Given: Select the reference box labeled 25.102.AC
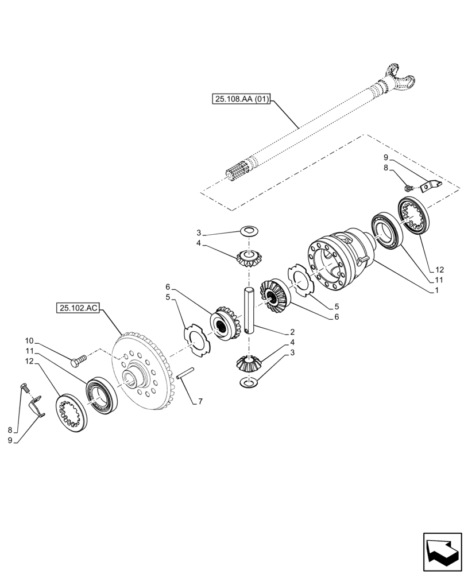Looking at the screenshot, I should (x=78, y=309).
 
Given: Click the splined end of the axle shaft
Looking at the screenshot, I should (x=238, y=172).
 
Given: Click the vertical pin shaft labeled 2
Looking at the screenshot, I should (x=249, y=310).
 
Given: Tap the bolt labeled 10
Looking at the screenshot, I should (x=78, y=360).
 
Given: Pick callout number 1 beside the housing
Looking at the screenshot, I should (x=438, y=291).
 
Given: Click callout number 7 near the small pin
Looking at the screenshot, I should (x=200, y=402).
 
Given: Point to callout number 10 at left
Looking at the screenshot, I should (x=29, y=340).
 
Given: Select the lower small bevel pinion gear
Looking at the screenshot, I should (x=248, y=363).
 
